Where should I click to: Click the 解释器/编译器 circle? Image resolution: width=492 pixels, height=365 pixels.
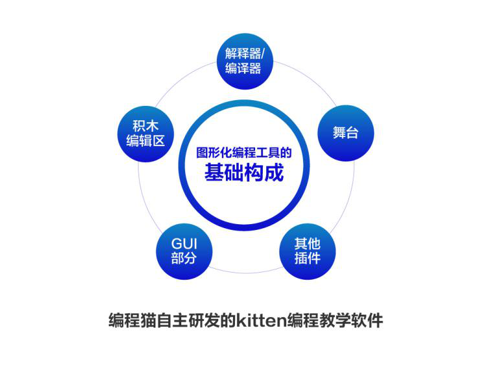coord(245,61)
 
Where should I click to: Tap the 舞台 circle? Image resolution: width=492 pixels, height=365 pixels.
coord(346,133)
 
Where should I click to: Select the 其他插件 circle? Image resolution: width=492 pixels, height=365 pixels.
coord(307,251)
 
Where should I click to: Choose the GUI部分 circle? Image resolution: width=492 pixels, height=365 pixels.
coord(184,251)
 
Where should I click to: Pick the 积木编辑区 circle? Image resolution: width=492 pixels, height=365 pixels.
coord(146,134)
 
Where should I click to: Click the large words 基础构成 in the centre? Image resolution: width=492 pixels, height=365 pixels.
coord(244,172)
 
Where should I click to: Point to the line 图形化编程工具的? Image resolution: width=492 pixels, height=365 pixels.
coord(244,152)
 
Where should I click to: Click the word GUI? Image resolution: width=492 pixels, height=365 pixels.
coord(184,244)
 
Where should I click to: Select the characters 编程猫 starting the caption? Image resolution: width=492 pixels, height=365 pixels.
coord(133,320)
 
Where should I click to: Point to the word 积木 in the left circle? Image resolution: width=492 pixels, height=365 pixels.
coord(146,126)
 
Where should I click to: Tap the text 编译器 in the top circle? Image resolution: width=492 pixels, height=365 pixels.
coord(243,68)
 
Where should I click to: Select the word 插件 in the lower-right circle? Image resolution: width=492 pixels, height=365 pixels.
coord(307,258)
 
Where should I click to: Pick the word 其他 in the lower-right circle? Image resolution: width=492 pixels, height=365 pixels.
coord(307,244)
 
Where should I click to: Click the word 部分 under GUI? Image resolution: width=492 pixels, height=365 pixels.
coord(184,258)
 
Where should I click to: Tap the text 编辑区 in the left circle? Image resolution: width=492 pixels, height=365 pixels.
coord(146,141)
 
